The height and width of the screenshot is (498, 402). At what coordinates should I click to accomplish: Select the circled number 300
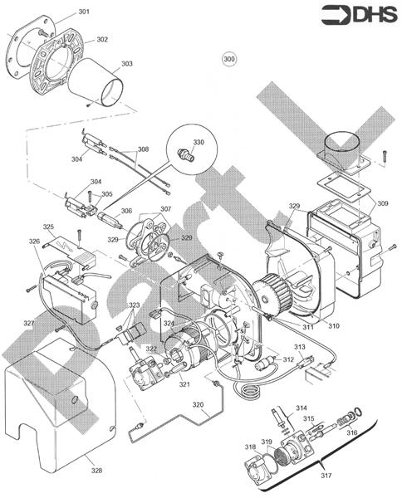point(230,59)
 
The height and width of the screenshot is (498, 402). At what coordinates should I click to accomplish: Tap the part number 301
point(85,12)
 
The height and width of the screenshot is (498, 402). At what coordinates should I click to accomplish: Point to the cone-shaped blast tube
point(105,82)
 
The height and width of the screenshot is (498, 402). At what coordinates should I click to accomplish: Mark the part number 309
point(383,203)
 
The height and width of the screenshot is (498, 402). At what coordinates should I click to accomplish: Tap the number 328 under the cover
point(96,471)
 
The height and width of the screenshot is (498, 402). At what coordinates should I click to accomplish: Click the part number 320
point(197,405)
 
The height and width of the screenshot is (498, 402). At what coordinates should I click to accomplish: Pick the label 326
point(34,242)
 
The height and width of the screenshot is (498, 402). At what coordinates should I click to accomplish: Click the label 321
point(184,384)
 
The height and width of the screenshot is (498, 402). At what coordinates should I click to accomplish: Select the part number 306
point(126,211)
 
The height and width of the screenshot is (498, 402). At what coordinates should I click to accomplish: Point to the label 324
point(169,322)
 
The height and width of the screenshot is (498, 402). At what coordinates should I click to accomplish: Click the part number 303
point(126,62)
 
